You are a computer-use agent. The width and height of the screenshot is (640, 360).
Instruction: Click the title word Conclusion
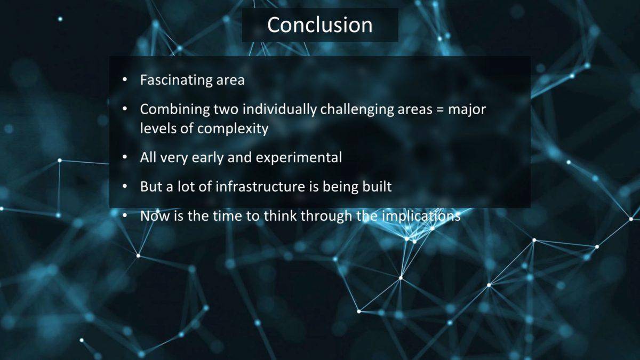point(320,25)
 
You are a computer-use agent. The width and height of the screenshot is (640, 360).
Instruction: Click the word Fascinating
point(176,81)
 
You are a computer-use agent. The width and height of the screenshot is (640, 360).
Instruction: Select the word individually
point(279,110)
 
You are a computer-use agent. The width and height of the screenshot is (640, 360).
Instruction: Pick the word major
point(467,110)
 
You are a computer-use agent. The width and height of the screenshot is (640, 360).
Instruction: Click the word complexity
point(233,129)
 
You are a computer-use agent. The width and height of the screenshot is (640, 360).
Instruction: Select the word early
point(207,158)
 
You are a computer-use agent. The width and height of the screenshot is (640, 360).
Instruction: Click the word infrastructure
point(261,187)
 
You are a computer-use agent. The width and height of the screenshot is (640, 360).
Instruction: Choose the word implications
point(421,216)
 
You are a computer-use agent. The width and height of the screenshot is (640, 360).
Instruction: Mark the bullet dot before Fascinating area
point(125,79)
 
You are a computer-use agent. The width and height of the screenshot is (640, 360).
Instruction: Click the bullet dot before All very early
point(125,157)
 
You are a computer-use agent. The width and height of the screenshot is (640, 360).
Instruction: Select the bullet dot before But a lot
point(125,186)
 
